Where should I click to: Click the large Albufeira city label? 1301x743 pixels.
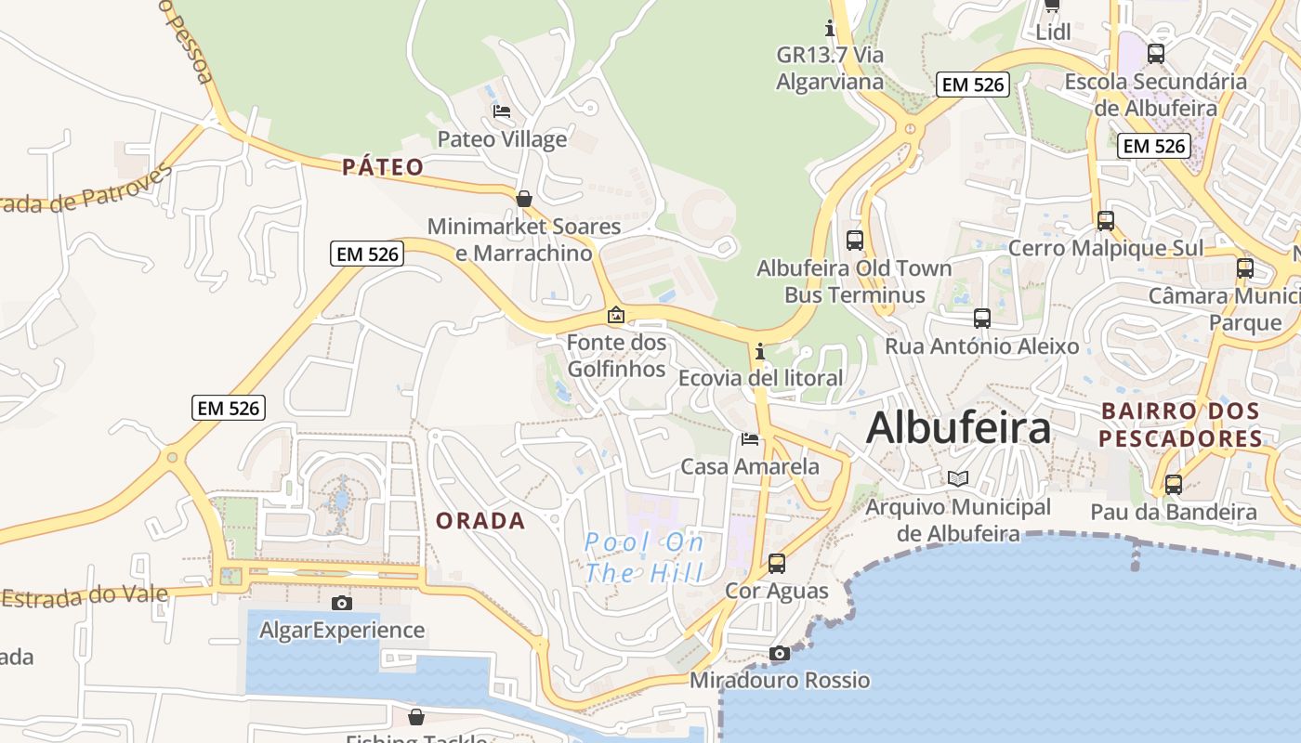958,428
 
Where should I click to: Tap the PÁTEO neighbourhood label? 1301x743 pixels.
383,167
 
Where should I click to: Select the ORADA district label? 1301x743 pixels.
480,521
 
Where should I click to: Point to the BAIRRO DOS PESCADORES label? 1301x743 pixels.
1180,424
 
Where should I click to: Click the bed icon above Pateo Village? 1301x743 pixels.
502,111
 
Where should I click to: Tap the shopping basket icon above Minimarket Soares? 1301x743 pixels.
524,198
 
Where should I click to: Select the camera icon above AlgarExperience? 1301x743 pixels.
342,603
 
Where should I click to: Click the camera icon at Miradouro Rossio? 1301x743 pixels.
780,653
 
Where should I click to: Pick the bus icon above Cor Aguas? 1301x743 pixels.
776,563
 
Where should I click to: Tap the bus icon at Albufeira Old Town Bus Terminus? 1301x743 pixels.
855,240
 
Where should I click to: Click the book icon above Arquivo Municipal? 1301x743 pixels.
958,478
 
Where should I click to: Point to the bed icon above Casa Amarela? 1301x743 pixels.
750,438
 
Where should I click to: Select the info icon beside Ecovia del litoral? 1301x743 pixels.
760,351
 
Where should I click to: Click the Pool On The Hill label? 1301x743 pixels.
644,557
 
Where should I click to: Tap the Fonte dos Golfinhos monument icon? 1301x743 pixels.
615,315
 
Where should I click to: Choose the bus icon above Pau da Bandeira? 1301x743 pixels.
1174,484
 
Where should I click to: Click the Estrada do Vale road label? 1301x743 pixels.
85,595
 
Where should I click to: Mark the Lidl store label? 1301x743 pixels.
1054,32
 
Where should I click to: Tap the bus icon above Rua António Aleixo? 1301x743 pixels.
981,319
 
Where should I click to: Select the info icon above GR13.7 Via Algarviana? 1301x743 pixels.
830,28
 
